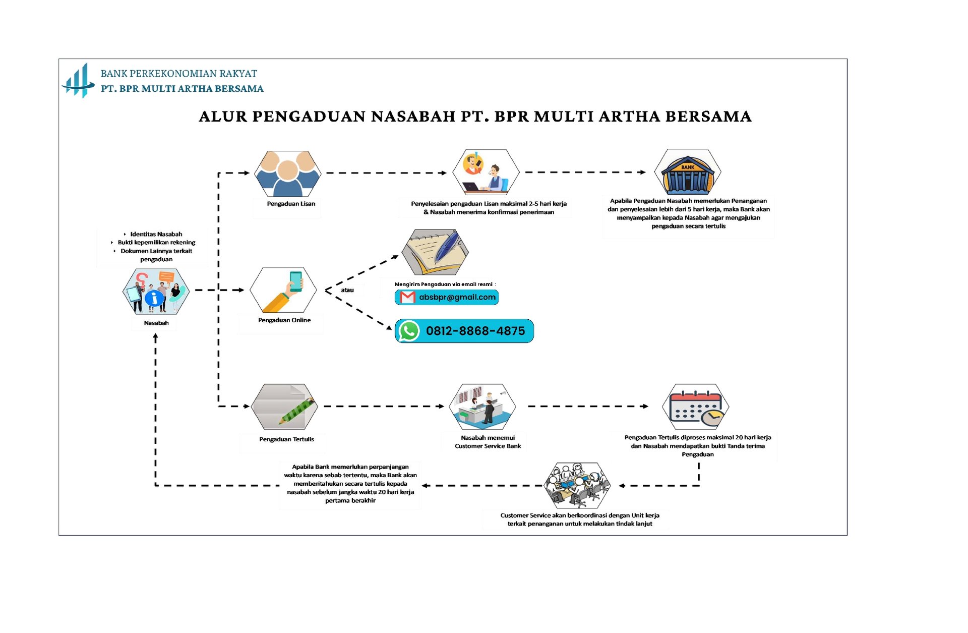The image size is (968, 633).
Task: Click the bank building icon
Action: (687, 173)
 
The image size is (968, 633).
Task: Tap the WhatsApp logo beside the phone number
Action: (409, 331)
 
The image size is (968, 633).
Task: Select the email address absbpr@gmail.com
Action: (457, 297)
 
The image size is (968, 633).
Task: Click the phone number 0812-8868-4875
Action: (475, 331)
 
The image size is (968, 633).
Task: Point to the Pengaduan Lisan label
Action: (291, 204)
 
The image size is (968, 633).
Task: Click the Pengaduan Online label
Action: (284, 320)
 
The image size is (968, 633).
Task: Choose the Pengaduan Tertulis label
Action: (286, 439)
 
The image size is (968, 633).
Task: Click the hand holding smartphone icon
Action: (284, 290)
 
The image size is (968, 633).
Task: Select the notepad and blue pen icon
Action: (435, 252)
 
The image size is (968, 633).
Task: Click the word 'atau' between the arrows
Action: (347, 290)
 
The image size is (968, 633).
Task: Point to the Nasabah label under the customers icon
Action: (156, 323)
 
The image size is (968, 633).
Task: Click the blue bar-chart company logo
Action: (78, 81)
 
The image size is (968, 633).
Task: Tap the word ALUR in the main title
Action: (223, 117)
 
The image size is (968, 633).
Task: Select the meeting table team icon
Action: (578, 485)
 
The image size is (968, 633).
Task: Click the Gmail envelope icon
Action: (407, 298)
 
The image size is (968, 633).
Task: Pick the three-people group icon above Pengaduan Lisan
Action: (287, 174)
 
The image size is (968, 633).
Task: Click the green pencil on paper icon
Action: (285, 407)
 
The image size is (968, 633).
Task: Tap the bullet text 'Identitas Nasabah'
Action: (156, 234)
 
